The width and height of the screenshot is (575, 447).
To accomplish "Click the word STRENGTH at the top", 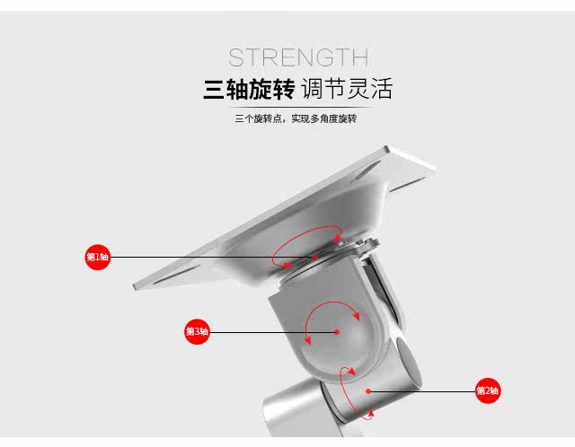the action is [x=297, y=58].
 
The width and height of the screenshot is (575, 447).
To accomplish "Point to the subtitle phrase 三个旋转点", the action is [x=257, y=118].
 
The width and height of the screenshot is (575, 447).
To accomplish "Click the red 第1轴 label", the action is [x=97, y=258].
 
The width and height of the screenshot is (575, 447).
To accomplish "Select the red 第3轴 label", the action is [x=197, y=332].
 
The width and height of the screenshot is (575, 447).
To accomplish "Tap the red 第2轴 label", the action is [x=487, y=390].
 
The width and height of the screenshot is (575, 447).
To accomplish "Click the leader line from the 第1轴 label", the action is [x=198, y=258].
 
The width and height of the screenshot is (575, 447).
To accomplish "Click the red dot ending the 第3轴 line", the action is [x=337, y=332].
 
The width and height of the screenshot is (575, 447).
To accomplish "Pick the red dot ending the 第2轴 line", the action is [x=368, y=390].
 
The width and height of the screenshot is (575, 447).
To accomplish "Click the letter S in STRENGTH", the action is [x=236, y=58].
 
